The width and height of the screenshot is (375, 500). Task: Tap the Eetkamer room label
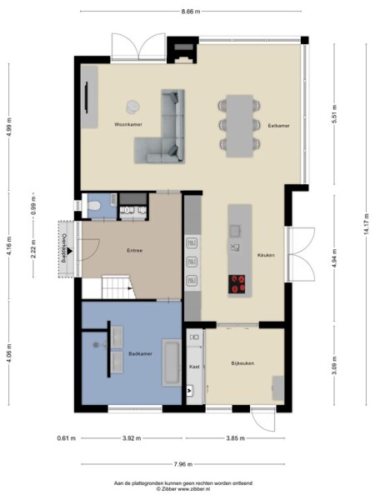click(278, 124)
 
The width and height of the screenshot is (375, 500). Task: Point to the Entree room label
click(134, 250)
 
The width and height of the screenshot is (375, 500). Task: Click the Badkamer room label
click(138, 353)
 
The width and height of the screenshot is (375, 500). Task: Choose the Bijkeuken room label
click(242, 363)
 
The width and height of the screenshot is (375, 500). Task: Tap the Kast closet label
click(194, 367)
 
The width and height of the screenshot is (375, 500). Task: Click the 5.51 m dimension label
click(332, 112)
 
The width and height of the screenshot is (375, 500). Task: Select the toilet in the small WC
click(95, 204)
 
